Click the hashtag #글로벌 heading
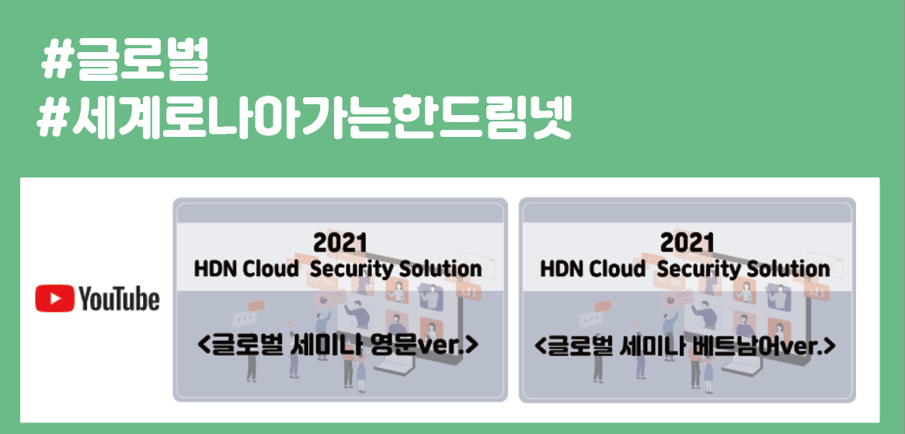[x=125, y=63]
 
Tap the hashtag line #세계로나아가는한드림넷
[x=305, y=119]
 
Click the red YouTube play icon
[x=54, y=299]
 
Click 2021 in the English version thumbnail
[x=340, y=242]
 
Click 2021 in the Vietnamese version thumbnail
[x=687, y=242]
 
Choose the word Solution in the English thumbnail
[x=440, y=269]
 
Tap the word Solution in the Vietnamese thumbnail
[x=787, y=269]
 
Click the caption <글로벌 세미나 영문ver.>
[x=340, y=345]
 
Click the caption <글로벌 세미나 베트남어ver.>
[x=687, y=345]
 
